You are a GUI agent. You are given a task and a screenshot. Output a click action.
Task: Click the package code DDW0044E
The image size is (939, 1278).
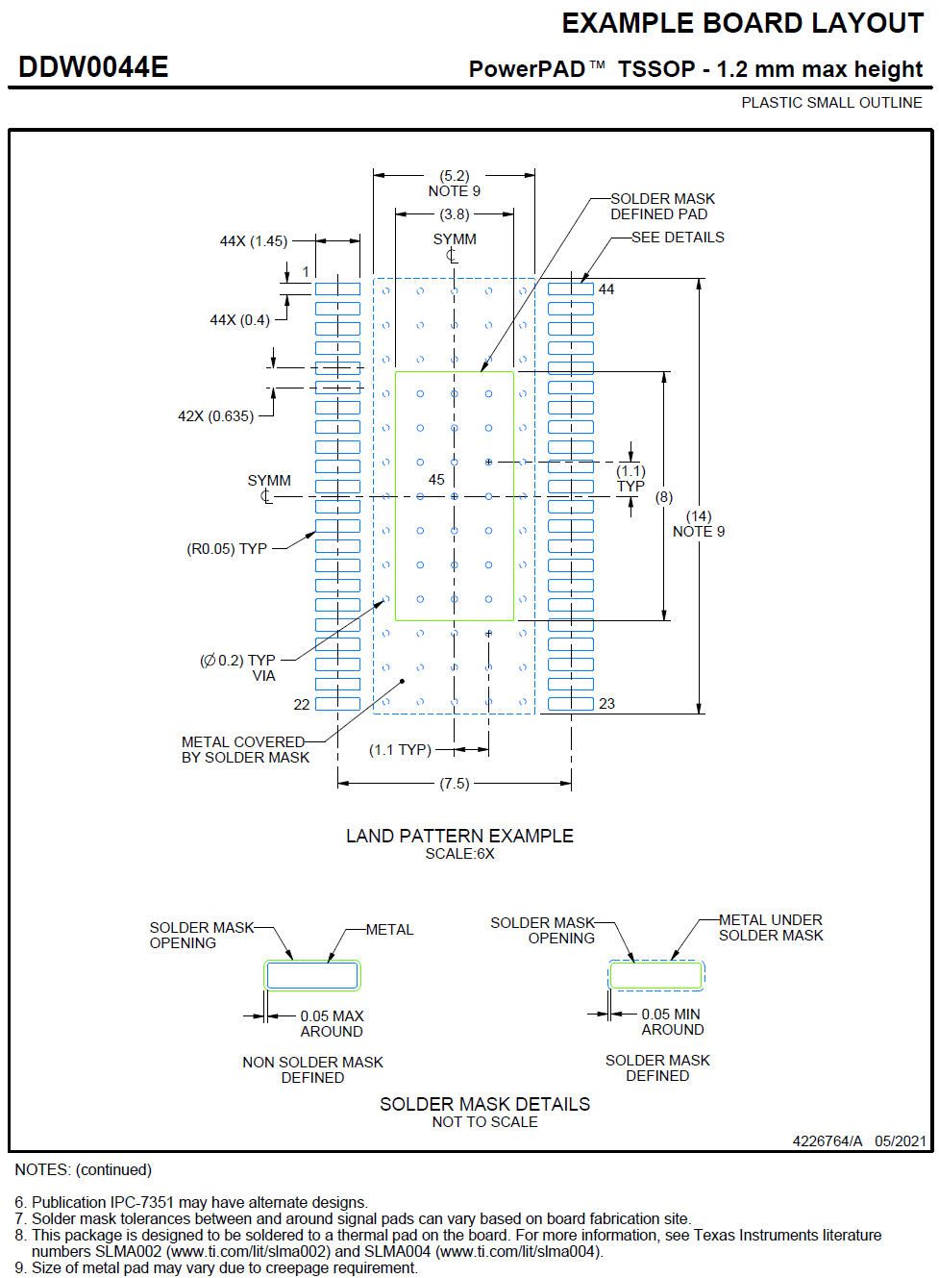tap(93, 67)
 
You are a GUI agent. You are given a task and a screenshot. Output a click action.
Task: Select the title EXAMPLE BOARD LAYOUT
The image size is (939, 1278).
tap(742, 23)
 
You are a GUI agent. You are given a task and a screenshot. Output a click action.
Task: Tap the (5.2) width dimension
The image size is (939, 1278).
tap(455, 176)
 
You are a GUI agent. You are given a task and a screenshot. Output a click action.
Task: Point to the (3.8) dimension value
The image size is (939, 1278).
tap(455, 214)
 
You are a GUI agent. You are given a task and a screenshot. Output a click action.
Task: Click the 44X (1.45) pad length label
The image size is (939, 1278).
tap(253, 241)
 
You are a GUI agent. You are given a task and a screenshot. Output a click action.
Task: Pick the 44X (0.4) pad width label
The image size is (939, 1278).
tap(239, 320)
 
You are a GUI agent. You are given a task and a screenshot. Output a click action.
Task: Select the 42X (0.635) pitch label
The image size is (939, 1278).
tap(215, 416)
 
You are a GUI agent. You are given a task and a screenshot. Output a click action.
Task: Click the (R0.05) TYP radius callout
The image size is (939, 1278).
tap(226, 549)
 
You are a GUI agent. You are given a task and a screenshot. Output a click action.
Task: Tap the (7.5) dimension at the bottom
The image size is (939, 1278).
tap(455, 784)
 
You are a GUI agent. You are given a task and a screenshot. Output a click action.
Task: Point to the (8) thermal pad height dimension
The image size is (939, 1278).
tap(664, 497)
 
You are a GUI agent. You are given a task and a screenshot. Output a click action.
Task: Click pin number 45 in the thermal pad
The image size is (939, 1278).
tap(436, 480)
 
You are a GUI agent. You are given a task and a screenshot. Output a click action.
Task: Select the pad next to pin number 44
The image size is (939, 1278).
tap(571, 289)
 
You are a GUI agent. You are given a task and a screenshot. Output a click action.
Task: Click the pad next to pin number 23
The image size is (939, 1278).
tap(571, 704)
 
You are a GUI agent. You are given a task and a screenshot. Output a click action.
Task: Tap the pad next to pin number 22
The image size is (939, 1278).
tap(338, 704)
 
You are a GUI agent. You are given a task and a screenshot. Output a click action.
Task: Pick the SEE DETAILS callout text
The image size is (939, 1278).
tap(678, 238)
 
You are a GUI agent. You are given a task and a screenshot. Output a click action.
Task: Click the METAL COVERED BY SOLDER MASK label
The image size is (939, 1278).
tap(245, 750)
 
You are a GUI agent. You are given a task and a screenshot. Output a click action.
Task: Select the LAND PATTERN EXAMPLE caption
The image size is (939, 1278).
tap(459, 837)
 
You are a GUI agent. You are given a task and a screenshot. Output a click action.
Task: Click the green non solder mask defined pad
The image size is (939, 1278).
tap(312, 976)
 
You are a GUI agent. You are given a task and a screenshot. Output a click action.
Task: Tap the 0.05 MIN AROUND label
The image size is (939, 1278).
tap(672, 1022)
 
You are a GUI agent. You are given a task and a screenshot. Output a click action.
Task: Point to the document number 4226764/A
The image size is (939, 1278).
tap(828, 1141)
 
